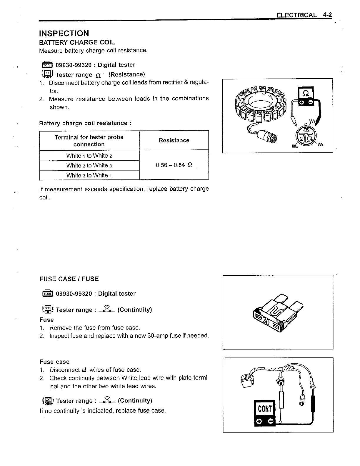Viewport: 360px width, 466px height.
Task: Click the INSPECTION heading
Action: pyautogui.click(x=64, y=33)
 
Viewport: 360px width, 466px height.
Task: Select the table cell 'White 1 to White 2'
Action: pyautogui.click(x=89, y=156)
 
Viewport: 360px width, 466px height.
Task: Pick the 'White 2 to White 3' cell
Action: pyautogui.click(x=89, y=166)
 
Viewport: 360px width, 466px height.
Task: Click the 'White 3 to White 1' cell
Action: pyautogui.click(x=89, y=175)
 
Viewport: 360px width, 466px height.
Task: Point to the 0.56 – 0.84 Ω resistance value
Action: pyautogui.click(x=174, y=165)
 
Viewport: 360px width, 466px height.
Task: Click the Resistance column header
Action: pyautogui.click(x=174, y=140)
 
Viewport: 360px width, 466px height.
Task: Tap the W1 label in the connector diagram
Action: pyautogui.click(x=312, y=121)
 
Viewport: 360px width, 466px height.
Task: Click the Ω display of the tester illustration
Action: pyautogui.click(x=306, y=94)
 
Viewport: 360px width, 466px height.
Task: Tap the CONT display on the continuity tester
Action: pyautogui.click(x=264, y=409)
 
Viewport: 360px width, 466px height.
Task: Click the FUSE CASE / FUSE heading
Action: pyautogui.click(x=69, y=279)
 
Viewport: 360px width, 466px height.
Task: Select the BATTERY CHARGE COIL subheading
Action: pyautogui.click(x=77, y=42)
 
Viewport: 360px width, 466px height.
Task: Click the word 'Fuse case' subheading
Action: pyautogui.click(x=54, y=362)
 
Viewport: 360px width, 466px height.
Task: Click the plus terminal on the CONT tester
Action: pyautogui.click(x=259, y=422)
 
